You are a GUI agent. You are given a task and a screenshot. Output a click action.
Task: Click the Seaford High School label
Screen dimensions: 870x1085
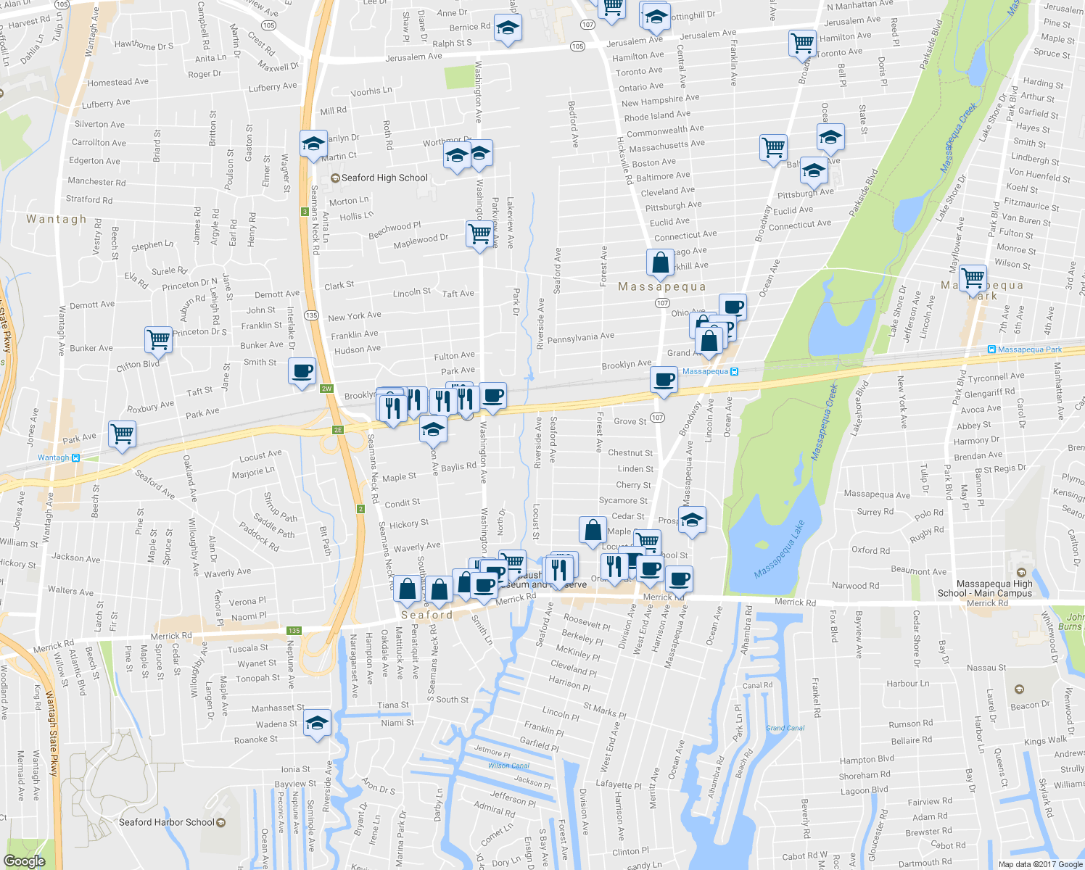coord(384,178)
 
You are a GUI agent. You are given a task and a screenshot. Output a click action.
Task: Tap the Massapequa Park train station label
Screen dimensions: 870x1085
coord(1029,349)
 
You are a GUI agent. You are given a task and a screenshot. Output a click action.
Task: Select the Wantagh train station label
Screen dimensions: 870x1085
coord(54,457)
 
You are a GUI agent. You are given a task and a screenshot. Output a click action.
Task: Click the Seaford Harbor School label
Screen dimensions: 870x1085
coord(167,822)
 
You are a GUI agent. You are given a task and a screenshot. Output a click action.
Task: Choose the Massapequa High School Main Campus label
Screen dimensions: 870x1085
coord(994,588)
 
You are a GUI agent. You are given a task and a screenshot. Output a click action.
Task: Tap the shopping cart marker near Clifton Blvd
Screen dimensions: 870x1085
coord(158,339)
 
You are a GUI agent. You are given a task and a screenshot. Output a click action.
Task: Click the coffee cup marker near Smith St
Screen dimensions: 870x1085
coord(302,370)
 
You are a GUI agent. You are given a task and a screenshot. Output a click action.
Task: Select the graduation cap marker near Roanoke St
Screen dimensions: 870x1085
coord(317,723)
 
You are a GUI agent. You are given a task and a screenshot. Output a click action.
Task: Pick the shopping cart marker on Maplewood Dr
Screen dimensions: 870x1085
coord(479,234)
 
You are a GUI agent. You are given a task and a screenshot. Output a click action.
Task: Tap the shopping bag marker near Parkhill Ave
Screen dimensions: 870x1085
coord(661,262)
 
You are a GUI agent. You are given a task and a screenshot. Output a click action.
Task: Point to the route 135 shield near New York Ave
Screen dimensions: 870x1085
coord(312,315)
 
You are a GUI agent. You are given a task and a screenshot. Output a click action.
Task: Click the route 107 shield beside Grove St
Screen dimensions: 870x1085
coord(657,418)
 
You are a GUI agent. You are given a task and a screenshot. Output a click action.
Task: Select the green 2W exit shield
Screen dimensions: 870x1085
coord(326,389)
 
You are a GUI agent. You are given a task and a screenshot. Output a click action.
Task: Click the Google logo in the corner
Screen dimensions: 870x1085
coord(24,861)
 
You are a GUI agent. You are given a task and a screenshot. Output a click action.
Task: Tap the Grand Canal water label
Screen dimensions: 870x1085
coord(785,728)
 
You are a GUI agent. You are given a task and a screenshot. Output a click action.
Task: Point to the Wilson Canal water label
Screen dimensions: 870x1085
coord(508,766)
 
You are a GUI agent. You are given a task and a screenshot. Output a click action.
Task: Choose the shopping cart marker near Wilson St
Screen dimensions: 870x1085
coord(973,278)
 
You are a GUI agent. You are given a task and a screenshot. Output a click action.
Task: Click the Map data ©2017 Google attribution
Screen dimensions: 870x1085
coord(1040,864)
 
